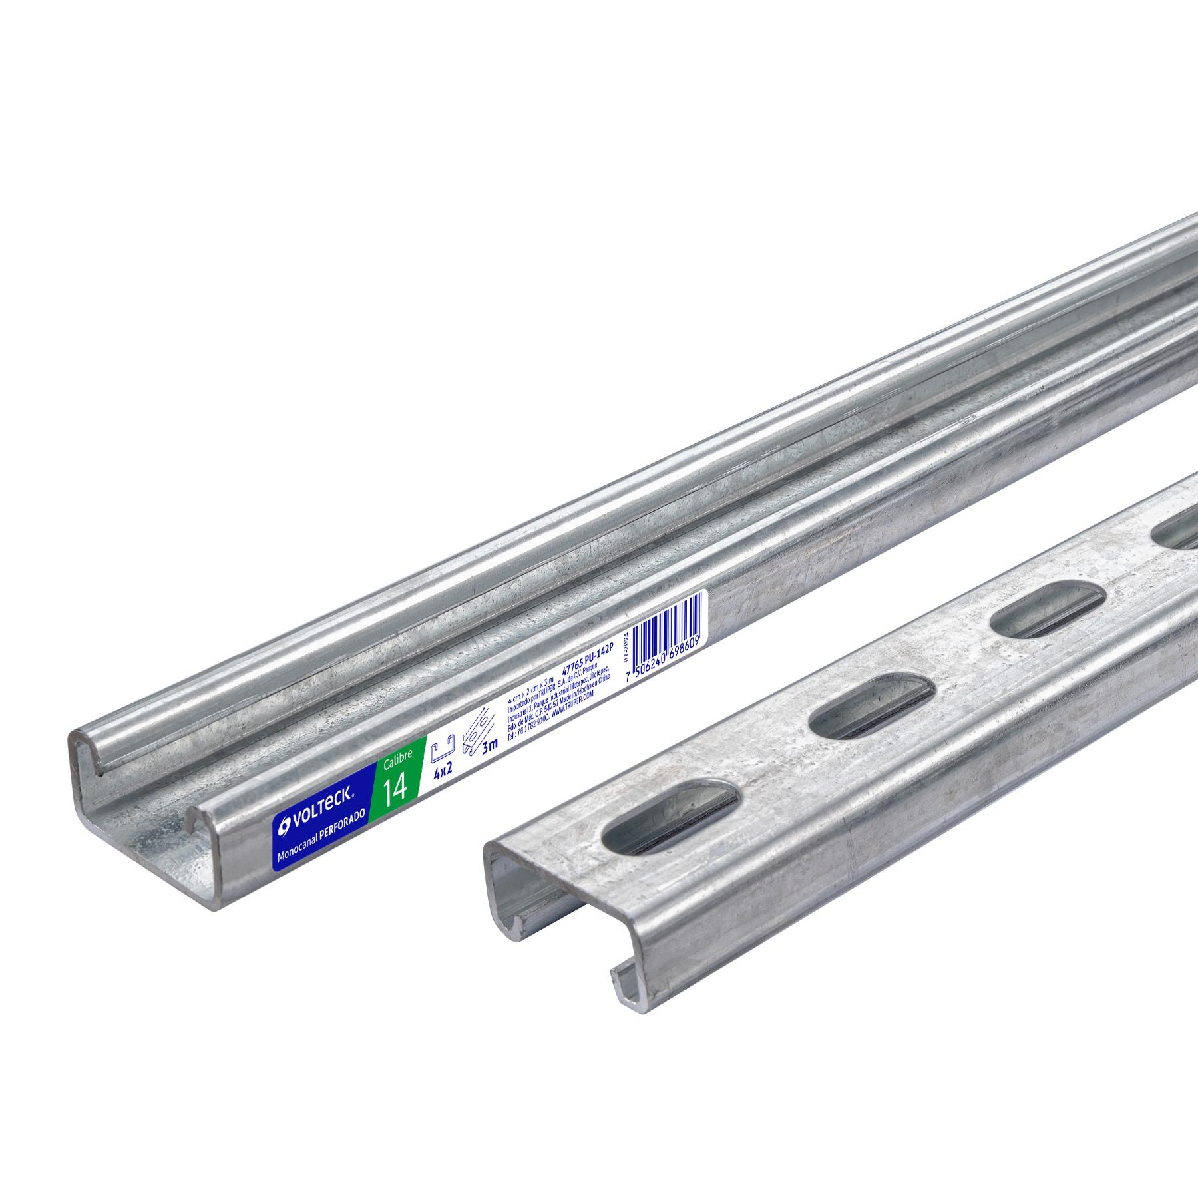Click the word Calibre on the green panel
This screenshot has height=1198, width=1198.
(397, 759)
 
